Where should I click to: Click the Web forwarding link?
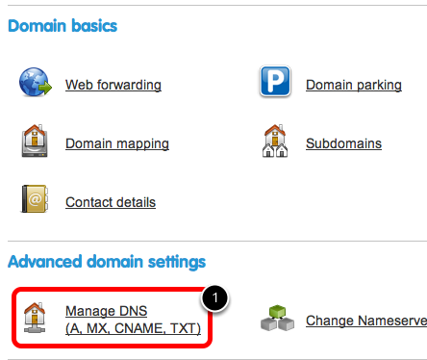[x=113, y=85]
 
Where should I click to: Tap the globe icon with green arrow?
[x=36, y=82]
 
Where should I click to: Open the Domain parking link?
[x=354, y=85]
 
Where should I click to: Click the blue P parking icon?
[x=275, y=81]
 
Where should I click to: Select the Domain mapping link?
[x=117, y=143]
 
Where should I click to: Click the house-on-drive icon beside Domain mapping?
[x=35, y=141]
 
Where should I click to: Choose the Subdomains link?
[x=343, y=143]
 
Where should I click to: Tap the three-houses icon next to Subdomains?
[x=275, y=141]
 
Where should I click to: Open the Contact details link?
[x=111, y=202]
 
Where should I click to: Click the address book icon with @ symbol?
[x=35, y=198]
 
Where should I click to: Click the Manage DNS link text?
[x=106, y=311]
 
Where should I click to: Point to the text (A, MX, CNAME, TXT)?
[x=133, y=328]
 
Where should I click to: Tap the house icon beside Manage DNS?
[x=35, y=318]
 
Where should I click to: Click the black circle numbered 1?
[x=214, y=298]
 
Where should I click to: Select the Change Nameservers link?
[x=366, y=321]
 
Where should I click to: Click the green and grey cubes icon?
[x=277, y=319]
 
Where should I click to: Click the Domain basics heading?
[x=63, y=26]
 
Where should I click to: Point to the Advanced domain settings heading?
[x=107, y=262]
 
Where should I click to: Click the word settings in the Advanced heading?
[x=177, y=262]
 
